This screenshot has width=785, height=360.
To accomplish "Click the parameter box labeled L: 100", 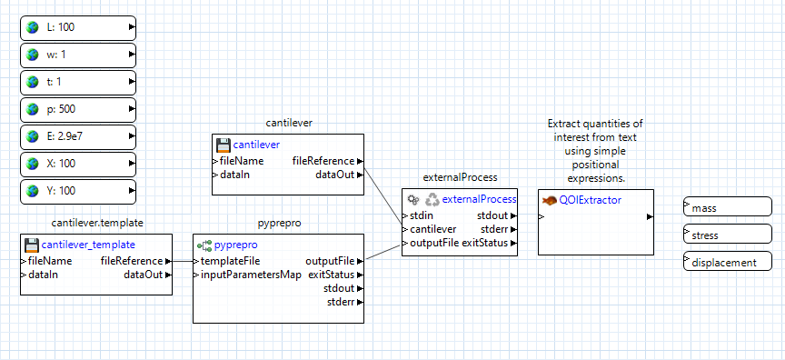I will pos(77,27).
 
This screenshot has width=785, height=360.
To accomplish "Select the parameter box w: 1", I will pos(77,55).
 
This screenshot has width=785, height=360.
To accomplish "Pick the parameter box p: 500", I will pos(77,110).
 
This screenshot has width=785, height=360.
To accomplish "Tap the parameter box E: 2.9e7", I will pos(77,137).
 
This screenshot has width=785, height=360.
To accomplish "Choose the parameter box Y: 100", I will pos(77,192).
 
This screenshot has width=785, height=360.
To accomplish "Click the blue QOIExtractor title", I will pos(590,200).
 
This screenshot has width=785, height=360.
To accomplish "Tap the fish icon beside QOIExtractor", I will pos(549,200).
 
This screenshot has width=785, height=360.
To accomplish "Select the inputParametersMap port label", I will pos(250,275).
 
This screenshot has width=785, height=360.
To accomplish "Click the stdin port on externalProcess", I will pos(422,215).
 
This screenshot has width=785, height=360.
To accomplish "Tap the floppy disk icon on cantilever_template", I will pos(32,245).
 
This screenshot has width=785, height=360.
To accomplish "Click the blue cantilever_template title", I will pos(88,245).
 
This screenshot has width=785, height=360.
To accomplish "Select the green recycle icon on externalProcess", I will pos(432,199).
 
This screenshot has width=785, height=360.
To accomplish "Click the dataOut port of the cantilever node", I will pos(335,175).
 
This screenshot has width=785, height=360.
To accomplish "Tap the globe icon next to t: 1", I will pos(35,82).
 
